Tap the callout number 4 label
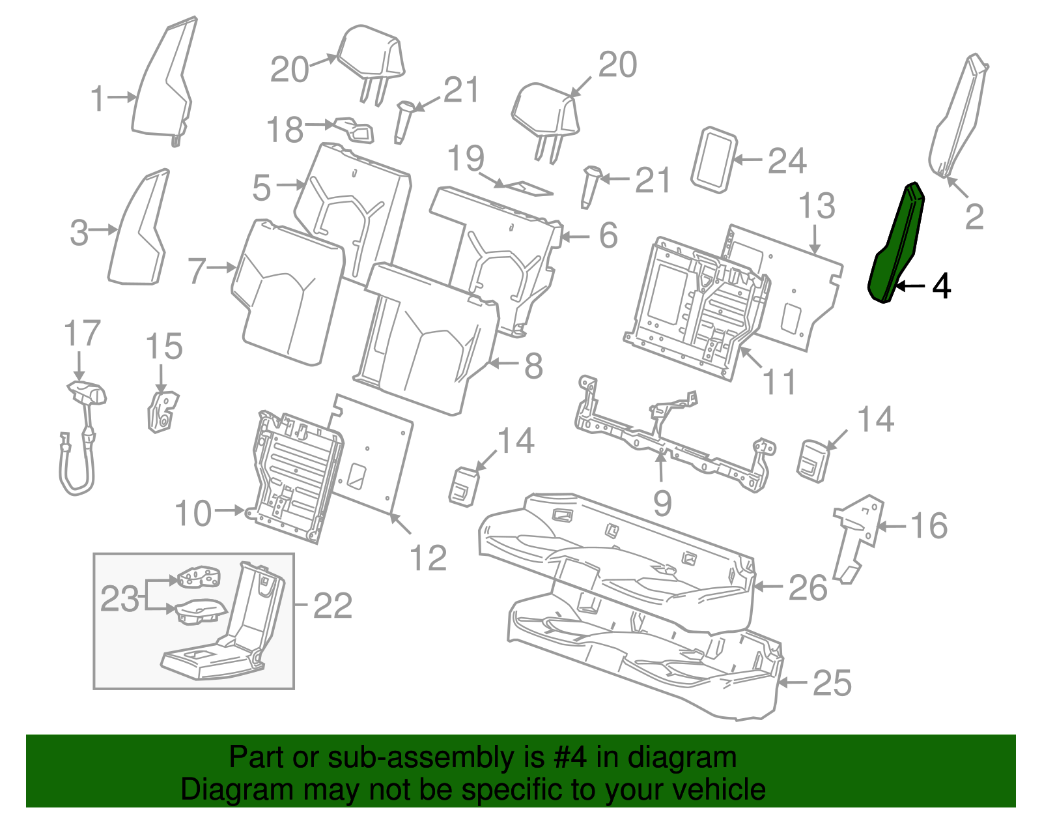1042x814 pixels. coord(941,286)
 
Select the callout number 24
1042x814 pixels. coord(787,161)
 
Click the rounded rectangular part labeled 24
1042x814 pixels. coord(714,160)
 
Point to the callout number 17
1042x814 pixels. coord(82,333)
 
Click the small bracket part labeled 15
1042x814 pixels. coord(163,411)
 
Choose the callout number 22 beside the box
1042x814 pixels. coord(333,605)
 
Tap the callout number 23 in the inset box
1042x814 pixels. coord(119,599)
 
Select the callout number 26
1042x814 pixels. coord(808,588)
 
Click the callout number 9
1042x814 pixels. coord(662,503)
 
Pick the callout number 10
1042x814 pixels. coord(193,514)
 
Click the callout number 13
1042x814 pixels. coord(817,206)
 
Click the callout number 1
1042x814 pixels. coord(97,98)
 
